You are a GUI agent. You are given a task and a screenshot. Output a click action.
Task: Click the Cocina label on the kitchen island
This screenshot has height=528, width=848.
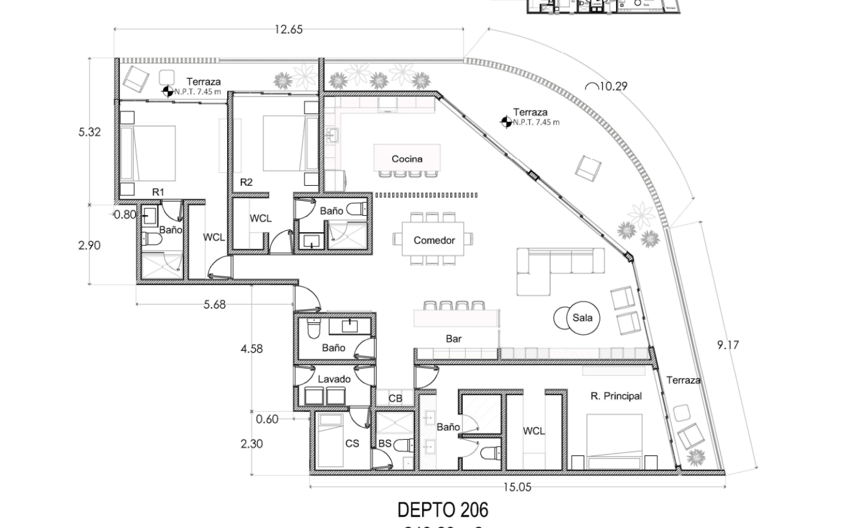coord(406,159)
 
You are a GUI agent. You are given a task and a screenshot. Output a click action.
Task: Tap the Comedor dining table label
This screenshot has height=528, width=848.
coord(433,240)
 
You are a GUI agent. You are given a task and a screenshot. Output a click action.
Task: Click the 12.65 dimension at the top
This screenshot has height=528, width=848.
coord(288,29)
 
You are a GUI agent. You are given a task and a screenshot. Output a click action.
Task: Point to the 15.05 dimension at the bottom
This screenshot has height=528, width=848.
coord(517,487)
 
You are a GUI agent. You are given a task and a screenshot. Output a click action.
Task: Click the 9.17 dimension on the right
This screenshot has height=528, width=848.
coord(728,345)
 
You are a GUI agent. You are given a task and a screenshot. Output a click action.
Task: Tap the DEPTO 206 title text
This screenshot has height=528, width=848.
coord(443,510)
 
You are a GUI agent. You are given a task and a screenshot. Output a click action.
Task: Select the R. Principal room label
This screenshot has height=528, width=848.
coord(616,396)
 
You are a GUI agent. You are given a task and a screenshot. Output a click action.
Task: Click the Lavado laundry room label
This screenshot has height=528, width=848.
coord(334,379)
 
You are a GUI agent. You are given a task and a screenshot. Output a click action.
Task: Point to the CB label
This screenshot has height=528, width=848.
coord(395,399)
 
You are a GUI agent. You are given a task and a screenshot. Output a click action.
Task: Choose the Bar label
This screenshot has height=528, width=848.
coord(453,338)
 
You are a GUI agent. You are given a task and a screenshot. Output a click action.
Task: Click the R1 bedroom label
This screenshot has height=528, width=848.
coord(158,192)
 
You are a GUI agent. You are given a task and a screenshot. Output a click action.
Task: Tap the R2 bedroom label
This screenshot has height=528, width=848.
coord(246,182)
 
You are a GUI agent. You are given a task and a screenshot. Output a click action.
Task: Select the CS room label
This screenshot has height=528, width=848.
coord(352,443)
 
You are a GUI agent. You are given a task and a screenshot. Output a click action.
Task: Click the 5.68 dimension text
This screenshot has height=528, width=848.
coord(215,305)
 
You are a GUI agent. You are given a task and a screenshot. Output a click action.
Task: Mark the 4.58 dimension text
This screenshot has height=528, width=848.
coord(251,348)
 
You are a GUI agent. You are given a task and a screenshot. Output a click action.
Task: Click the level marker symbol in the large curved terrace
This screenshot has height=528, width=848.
coord(506,122)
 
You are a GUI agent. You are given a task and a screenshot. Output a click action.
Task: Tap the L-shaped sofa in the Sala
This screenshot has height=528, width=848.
coord(550,266)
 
